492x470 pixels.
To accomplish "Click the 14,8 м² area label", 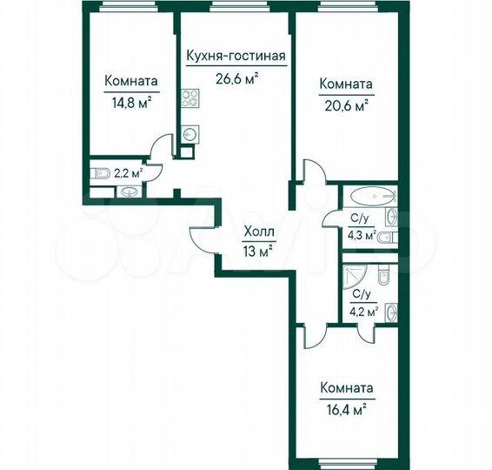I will (130, 100).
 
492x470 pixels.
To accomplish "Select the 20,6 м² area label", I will (346, 104).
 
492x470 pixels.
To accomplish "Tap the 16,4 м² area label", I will (346, 406).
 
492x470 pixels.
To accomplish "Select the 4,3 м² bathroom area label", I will (362, 235).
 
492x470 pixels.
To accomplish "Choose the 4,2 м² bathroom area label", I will (362, 311).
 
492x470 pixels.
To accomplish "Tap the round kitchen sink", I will (189, 134).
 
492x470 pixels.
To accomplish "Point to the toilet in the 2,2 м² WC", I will (98, 171).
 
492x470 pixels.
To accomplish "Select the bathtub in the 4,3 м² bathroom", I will (370, 195).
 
